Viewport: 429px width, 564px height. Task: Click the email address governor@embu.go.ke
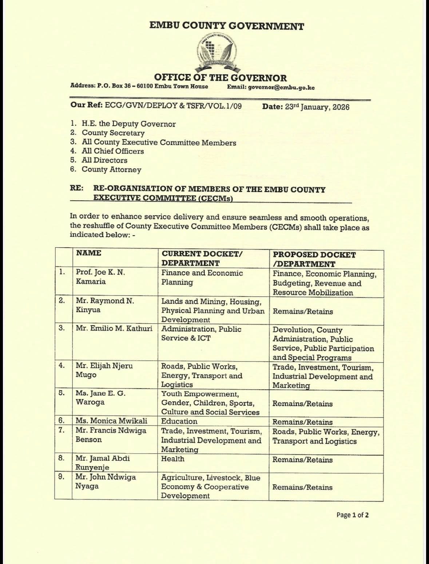[x=281, y=87]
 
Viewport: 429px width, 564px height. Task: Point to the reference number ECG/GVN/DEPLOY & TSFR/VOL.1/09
[x=173, y=106]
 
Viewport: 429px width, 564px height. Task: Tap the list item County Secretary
[x=113, y=133]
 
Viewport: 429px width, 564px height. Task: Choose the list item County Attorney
[x=111, y=170]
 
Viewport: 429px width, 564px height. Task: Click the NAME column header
[x=89, y=253]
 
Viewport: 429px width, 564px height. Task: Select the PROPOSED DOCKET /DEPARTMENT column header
[x=314, y=259]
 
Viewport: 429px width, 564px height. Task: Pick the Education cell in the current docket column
[x=179, y=422]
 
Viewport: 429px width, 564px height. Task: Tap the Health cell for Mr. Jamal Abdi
[x=173, y=459]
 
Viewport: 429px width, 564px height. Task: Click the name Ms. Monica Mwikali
[x=111, y=421]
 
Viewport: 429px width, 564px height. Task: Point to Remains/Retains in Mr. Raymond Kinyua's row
[x=303, y=312]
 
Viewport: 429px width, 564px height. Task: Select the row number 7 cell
[x=62, y=430]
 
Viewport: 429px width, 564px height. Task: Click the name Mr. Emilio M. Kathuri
[x=114, y=328]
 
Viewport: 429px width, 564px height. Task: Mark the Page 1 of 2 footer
[x=353, y=515]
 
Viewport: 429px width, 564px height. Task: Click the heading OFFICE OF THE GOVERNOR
[x=220, y=78]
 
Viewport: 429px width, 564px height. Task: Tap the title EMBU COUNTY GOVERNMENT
[x=227, y=26]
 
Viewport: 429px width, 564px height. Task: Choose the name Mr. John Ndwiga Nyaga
[x=106, y=481]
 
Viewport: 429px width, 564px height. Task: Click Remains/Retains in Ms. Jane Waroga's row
[x=302, y=404]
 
